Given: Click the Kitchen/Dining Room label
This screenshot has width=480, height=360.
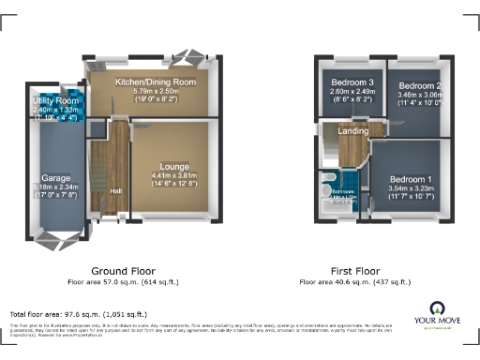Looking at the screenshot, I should coord(155,83).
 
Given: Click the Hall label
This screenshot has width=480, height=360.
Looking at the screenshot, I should coord(116,191).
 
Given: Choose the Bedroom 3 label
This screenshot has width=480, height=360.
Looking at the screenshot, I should coord(352,82).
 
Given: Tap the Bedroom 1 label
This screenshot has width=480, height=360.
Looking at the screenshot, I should coord(412,179).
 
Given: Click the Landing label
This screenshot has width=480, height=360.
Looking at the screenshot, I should coord(353,131).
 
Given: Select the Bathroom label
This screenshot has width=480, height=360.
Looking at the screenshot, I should coord(341,190).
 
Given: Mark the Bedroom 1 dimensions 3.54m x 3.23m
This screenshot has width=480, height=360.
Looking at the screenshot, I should coord(412,188).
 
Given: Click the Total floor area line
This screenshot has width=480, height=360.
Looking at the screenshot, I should coord(78,313).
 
